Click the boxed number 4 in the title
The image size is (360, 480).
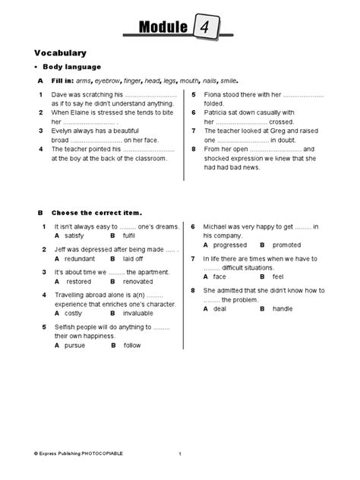coord(205,28)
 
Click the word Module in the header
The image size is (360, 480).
coord(163,29)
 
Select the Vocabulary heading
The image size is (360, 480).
coord(60,53)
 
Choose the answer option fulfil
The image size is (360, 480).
coord(132,236)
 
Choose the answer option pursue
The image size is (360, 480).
coord(76,345)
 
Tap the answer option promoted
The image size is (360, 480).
coord(286,245)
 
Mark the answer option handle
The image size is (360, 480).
coord(282,309)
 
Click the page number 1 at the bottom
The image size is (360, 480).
coord(180,453)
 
